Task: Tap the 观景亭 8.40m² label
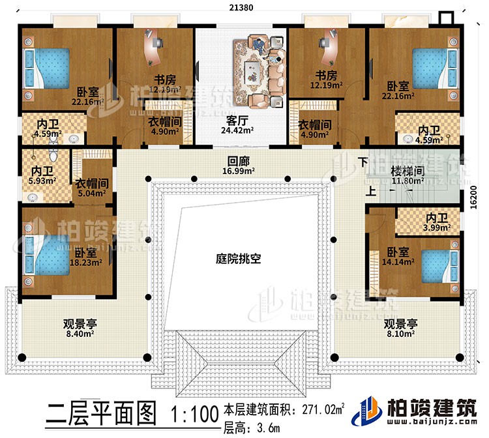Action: (x=80, y=328)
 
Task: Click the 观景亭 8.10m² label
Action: (x=399, y=328)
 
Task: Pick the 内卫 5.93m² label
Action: (x=33, y=175)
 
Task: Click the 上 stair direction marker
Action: (x=370, y=192)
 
